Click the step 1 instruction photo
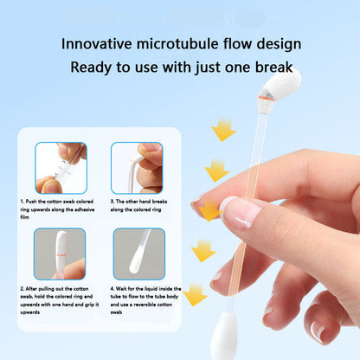(x=61, y=168)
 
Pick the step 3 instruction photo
(x=137, y=168)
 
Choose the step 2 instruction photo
(x=61, y=254)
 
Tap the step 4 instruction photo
(x=138, y=254)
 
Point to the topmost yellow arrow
(x=223, y=130)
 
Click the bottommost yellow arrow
(x=196, y=294)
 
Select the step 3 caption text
(x=137, y=205)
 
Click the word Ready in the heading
(x=92, y=67)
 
